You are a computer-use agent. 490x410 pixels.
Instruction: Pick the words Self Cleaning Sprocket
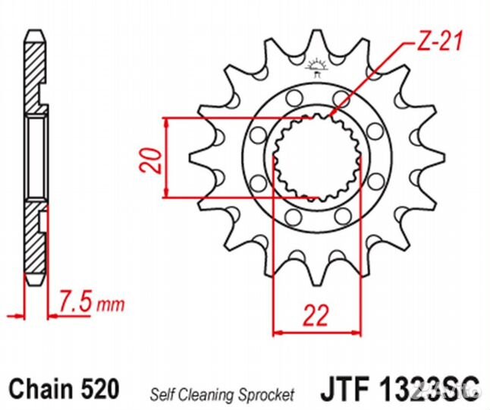click(221, 393)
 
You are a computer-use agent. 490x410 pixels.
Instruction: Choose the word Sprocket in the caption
click(268, 393)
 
